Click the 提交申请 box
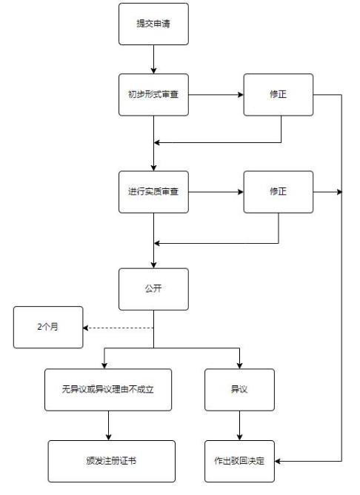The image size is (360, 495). (153, 24)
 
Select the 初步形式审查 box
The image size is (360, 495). (153, 95)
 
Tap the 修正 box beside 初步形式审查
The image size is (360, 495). (278, 95)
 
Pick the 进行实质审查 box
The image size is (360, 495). (153, 192)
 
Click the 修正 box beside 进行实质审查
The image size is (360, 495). (278, 192)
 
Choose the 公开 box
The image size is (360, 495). (153, 289)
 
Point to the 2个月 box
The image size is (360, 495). (47, 327)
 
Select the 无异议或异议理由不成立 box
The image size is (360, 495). (108, 390)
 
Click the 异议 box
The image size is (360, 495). (239, 390)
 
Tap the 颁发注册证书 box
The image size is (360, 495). (112, 462)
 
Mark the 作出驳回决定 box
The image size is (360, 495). (239, 462)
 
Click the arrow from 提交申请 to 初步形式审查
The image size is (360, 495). (153, 59)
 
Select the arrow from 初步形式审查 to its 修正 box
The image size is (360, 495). (215, 95)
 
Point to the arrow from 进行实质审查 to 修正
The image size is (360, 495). (215, 192)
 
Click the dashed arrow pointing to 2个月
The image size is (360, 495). (119, 328)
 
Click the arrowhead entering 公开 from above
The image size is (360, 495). (153, 265)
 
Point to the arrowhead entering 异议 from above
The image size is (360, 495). (239, 365)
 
